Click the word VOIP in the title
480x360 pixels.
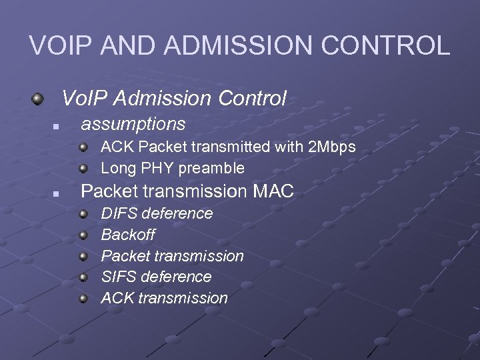tap(61, 46)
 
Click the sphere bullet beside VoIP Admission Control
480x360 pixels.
tap(39, 99)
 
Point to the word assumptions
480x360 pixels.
tap(133, 124)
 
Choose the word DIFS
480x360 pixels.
tap(119, 213)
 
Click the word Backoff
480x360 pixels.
tap(128, 235)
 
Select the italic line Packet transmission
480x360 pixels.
tap(172, 256)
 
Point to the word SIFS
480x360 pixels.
tap(119, 277)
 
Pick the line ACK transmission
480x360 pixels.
tap(164, 298)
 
